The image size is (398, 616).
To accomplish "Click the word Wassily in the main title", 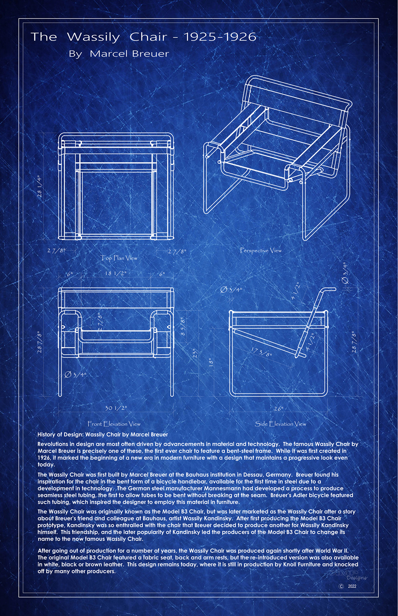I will (93, 37).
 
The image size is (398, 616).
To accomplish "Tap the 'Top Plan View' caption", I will (119, 258).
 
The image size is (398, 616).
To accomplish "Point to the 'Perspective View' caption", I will (261, 251).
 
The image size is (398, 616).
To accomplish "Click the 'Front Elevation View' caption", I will (114, 424).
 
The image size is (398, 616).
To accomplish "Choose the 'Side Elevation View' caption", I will (280, 424).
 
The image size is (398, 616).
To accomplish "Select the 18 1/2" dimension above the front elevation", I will (116, 273).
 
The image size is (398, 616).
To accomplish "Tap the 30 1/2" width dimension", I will (116, 408).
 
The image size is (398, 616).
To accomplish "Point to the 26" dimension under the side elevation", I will (278, 409).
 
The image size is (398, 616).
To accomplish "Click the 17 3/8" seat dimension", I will (261, 352).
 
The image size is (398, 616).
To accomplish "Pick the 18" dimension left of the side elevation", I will (211, 362).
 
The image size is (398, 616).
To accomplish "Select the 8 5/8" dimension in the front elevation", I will (183, 327).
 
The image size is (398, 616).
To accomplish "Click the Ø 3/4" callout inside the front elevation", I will (75, 375).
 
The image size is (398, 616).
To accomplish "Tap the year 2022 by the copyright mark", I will (352, 586).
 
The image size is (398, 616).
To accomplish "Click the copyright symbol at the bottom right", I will (341, 586).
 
